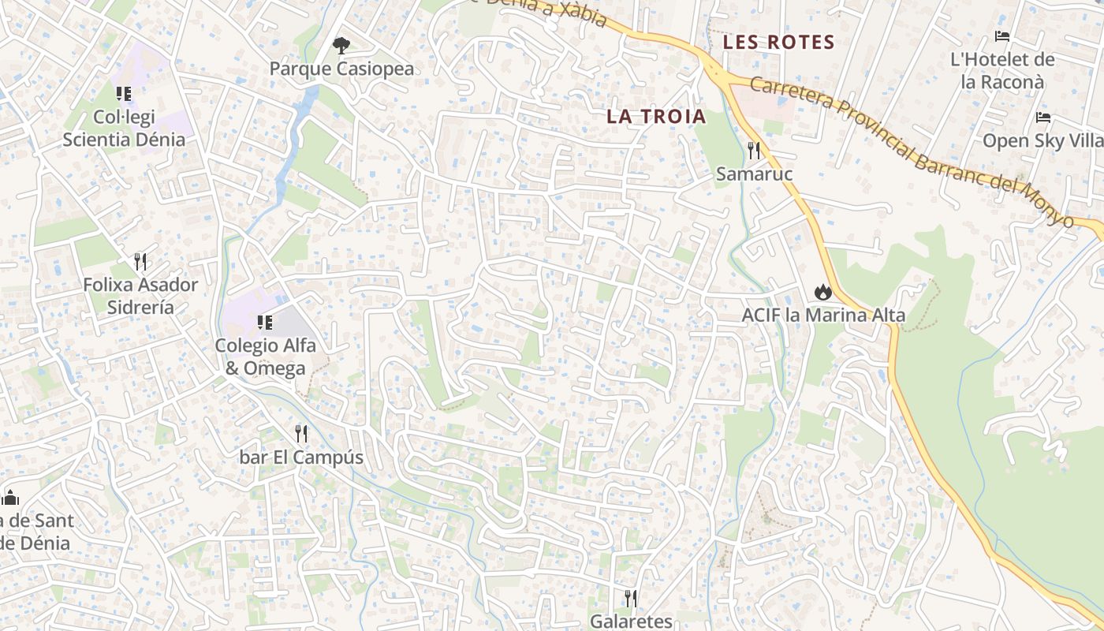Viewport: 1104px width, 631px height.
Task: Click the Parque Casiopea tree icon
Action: (341, 46)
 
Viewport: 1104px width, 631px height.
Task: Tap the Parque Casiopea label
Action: (341, 69)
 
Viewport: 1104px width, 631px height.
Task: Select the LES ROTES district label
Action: (779, 43)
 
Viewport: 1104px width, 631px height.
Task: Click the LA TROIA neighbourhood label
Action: (656, 117)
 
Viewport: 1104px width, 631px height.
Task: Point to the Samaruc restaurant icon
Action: (755, 150)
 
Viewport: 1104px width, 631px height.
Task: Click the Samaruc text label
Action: (754, 174)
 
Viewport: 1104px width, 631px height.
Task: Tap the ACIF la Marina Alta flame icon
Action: (823, 293)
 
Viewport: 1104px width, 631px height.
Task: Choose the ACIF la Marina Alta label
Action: (823, 316)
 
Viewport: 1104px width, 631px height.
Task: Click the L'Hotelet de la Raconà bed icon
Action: (1002, 36)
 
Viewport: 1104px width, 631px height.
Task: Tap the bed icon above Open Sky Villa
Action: (1043, 118)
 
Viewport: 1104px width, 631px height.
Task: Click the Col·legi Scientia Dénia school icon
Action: (124, 94)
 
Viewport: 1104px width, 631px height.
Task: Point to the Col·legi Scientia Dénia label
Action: (124, 129)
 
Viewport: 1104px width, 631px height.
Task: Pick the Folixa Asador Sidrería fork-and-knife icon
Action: (140, 261)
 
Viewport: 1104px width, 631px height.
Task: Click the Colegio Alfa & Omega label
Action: (266, 357)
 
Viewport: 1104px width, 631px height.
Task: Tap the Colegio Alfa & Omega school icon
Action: (265, 322)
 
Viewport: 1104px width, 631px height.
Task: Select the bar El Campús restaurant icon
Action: (300, 433)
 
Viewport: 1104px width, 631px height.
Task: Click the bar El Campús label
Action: (301, 457)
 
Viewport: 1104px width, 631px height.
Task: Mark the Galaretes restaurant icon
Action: (631, 598)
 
